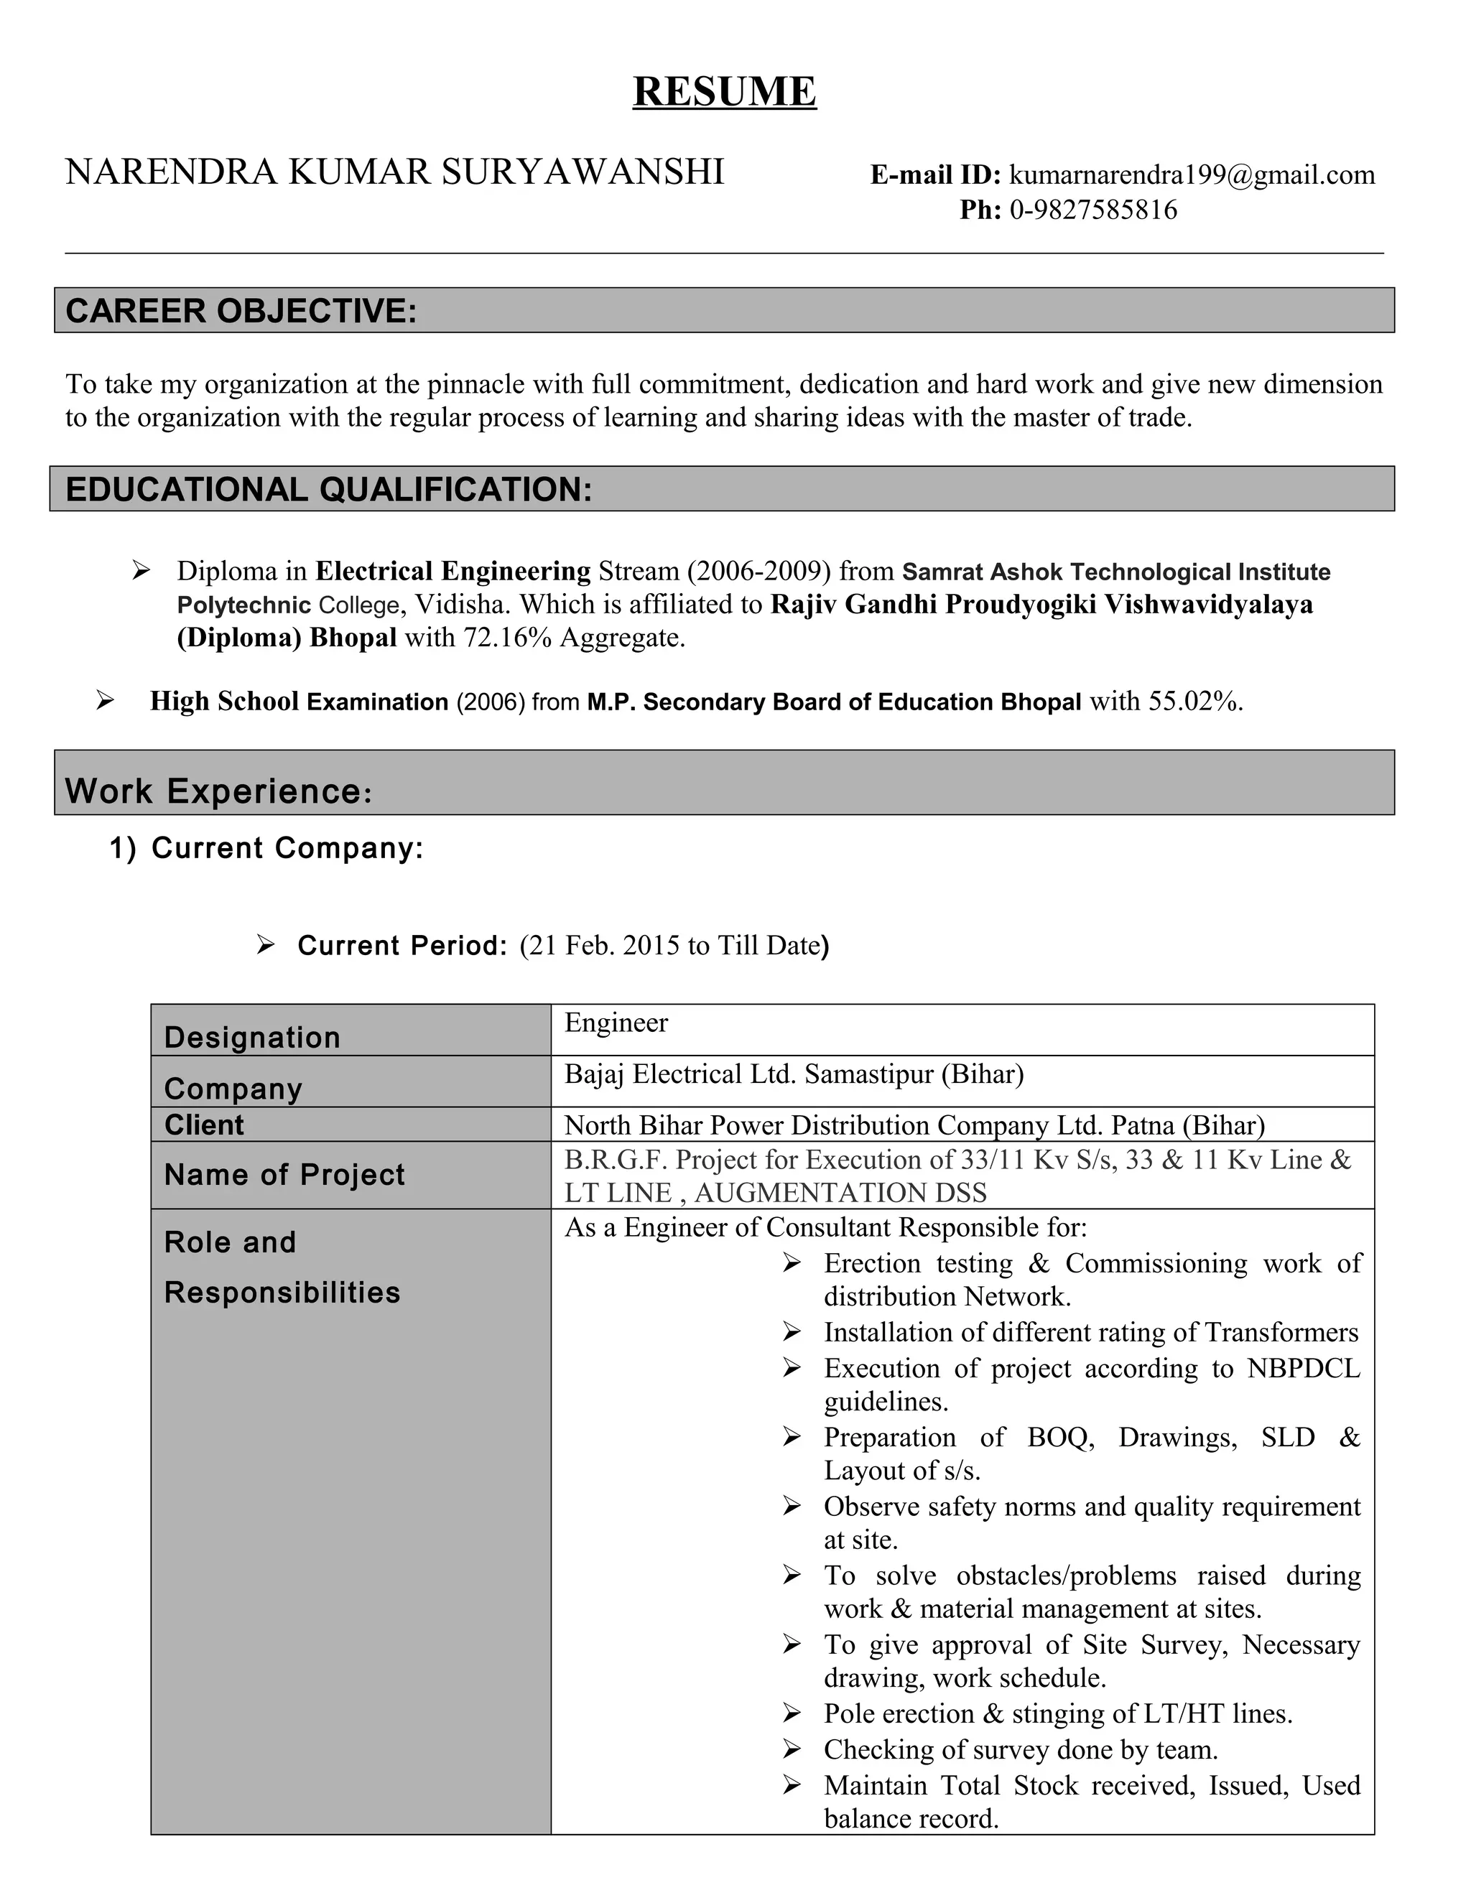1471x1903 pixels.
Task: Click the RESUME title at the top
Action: click(724, 91)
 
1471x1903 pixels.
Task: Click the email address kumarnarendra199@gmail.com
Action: click(1192, 175)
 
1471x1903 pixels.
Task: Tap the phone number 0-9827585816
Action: click(1092, 210)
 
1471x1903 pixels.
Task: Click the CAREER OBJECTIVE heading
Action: click(241, 311)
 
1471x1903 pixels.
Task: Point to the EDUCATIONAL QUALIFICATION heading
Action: click(328, 490)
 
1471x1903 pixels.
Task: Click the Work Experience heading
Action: click(218, 791)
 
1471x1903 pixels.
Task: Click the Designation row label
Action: click(252, 1037)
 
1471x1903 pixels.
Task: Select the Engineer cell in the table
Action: click(616, 1022)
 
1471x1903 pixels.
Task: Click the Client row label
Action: click(204, 1125)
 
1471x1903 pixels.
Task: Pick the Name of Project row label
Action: click(284, 1175)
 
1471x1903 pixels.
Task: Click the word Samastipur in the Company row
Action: click(869, 1074)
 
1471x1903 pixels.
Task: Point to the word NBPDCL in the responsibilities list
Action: click(1303, 1368)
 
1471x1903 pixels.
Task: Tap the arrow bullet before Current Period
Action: click(265, 944)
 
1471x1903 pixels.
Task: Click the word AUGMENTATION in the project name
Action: click(810, 1192)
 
